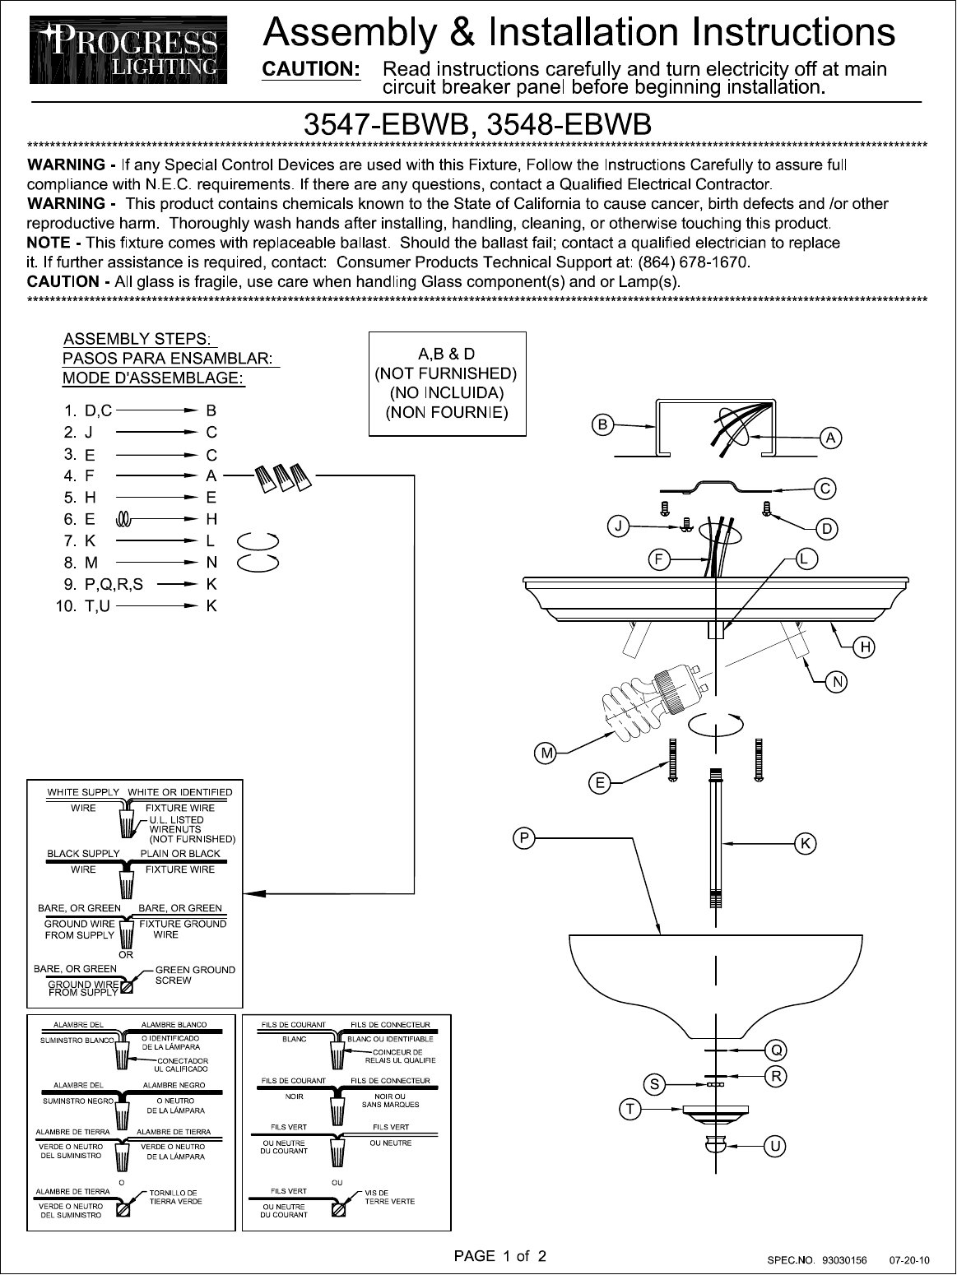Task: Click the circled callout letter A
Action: tap(830, 438)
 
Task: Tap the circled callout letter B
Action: tap(603, 424)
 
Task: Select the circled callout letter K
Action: tap(806, 843)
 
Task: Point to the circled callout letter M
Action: tap(545, 752)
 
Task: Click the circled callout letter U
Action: tap(773, 1146)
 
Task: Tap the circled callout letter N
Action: tap(837, 682)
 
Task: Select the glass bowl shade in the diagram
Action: tap(716, 979)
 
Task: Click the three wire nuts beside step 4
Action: tap(284, 477)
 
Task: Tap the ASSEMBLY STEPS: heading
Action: tap(137, 339)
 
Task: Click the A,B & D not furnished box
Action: tap(447, 383)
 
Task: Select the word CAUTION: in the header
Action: tap(311, 68)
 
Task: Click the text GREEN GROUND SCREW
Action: tap(194, 975)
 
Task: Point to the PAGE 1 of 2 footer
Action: tap(500, 1256)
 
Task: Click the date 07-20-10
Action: tap(910, 1260)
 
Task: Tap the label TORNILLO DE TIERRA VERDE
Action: tap(173, 1197)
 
